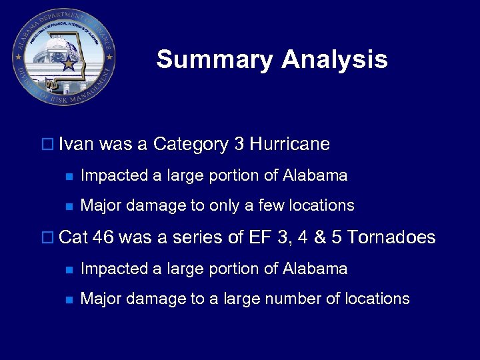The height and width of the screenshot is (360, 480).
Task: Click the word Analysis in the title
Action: coord(334,60)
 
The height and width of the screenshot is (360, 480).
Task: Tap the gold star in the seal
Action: coord(69,64)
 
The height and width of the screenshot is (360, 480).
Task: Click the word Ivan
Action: coord(76,144)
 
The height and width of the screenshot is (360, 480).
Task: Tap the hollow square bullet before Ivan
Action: coord(47,145)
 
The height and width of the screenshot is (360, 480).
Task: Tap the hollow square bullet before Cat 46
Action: coord(47,238)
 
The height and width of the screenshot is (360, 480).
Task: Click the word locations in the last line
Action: coord(377,299)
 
